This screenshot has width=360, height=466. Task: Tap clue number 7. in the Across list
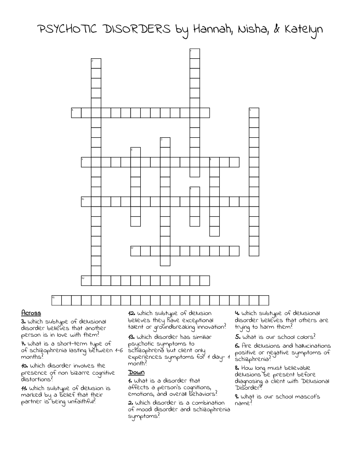[x=23, y=343]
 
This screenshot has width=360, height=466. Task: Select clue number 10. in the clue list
[x=25, y=365]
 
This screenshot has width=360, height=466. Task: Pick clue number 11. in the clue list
[x=25, y=388]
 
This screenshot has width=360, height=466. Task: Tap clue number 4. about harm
[x=237, y=313]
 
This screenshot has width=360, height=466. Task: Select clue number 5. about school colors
[x=237, y=336]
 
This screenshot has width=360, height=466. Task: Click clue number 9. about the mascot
[x=237, y=396]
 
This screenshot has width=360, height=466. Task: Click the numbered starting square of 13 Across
[x=56, y=300]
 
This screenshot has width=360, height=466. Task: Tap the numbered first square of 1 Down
[x=195, y=53]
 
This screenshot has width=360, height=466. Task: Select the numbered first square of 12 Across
[x=86, y=280]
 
